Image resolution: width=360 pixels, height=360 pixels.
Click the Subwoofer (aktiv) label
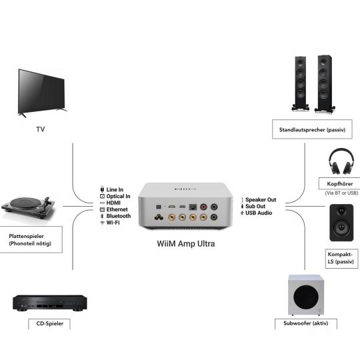[305, 324]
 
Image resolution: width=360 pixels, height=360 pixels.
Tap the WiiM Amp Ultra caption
[177, 243]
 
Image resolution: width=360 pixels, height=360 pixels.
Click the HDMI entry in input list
[115, 203]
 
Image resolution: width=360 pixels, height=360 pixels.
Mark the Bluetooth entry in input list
[118, 216]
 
